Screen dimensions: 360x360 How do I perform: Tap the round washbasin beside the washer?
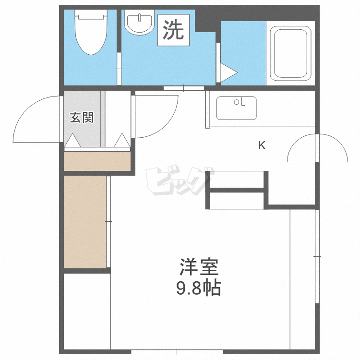pos(139,22)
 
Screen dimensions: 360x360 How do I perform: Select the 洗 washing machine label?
pos(173,30)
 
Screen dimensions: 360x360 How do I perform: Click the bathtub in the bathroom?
pos(290,53)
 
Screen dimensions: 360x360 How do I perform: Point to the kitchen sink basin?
pos(237,108)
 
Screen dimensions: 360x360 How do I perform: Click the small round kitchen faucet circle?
pos(237,102)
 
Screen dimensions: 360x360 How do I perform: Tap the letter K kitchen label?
pos(262,145)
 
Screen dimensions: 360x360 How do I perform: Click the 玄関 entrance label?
pos(82,117)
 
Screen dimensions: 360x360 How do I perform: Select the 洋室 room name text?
pos(199,267)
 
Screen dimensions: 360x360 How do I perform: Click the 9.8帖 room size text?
pos(199,287)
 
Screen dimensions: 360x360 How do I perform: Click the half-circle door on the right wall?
pos(317,148)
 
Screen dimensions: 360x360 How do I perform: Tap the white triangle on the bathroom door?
pos(228,73)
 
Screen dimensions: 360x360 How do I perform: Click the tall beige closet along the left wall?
pos(85,222)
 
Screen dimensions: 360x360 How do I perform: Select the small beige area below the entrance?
pos(97,161)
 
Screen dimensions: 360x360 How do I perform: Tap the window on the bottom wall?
pos(177,351)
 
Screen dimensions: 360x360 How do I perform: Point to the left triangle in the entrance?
pos(72,140)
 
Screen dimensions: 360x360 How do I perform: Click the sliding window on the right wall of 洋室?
pos(317,256)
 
